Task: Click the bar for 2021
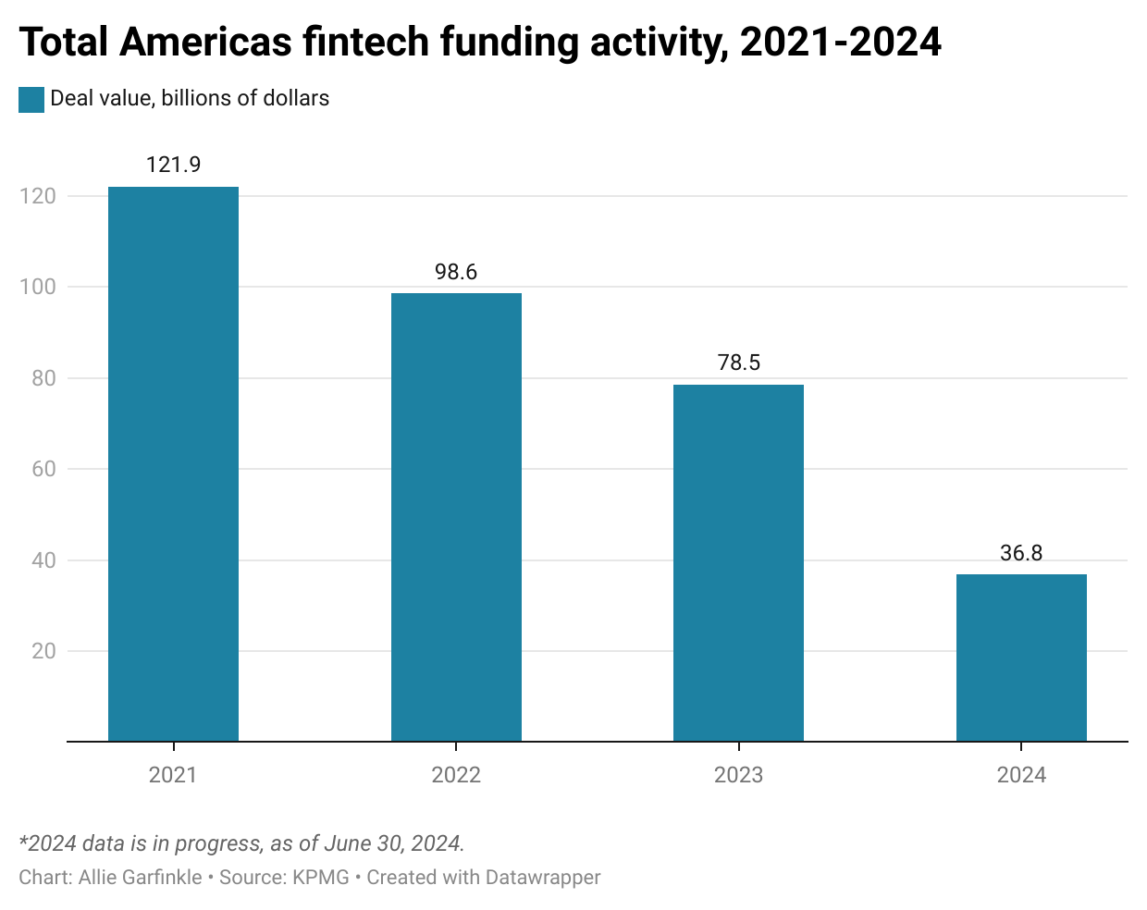pos(173,463)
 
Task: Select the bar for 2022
pos(456,517)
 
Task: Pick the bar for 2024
pos(1021,658)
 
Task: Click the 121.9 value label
pos(173,165)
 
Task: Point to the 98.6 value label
pos(456,272)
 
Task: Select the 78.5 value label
pos(738,363)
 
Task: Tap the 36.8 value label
pos(1021,553)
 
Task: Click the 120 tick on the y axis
pos(38,196)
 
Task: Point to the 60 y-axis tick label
pos(43,469)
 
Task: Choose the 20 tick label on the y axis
pos(43,651)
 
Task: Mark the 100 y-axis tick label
pos(38,287)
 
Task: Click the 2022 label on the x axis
pos(456,775)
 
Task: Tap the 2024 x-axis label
pos(1021,775)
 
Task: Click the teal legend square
pos(31,99)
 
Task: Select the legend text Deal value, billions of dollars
pos(190,98)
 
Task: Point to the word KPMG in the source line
pos(320,877)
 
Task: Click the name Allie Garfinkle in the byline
pos(140,877)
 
